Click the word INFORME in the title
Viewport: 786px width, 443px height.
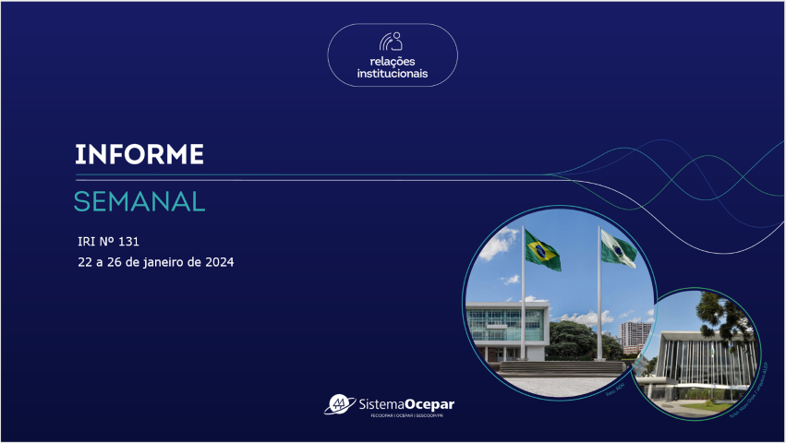coord(139,154)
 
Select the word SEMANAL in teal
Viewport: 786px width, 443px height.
coord(139,200)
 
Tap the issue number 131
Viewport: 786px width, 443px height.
coord(128,241)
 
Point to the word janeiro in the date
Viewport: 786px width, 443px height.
coord(175,262)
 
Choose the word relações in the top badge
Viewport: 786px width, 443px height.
coord(393,61)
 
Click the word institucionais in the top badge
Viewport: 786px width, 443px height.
coord(393,73)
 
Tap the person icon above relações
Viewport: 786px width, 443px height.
coord(393,42)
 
